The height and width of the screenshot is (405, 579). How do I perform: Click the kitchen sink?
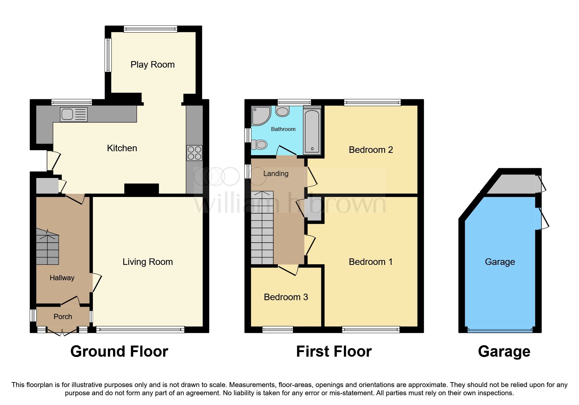tap(74, 114)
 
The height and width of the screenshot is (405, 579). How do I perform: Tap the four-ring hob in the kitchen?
tap(195, 153)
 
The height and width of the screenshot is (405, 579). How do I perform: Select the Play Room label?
tap(152, 65)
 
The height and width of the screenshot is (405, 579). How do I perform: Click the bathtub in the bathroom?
tap(312, 132)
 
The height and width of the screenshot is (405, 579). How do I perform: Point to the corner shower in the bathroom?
tap(260, 115)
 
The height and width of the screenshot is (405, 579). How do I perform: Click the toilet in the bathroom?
tap(260, 144)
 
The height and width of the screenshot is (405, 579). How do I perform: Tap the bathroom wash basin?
tap(282, 111)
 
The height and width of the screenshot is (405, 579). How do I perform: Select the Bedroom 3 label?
tap(286, 297)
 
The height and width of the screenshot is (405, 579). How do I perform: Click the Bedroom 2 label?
tap(371, 150)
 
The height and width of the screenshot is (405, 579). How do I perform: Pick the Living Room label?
tap(147, 262)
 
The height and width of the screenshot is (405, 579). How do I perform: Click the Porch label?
tap(63, 316)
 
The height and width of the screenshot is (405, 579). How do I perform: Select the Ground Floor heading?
tap(119, 351)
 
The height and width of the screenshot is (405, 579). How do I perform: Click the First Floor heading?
tap(334, 351)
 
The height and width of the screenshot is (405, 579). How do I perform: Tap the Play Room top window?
tap(150, 29)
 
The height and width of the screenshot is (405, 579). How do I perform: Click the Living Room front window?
tap(140, 330)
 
